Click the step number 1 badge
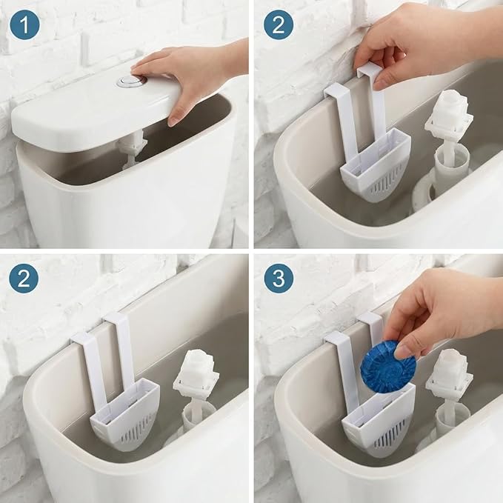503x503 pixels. tap(24, 24)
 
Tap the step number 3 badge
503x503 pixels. tap(279, 279)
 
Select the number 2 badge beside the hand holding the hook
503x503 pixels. tap(279, 24)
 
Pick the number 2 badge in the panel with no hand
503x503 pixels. tap(24, 279)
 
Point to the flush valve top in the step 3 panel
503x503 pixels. tap(449, 372)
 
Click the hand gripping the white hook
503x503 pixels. tap(427, 41)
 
